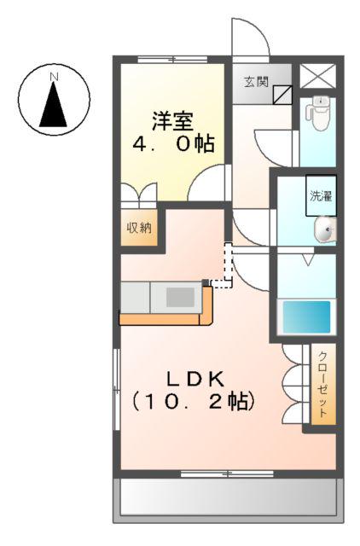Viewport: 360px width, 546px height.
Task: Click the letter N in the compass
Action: pyautogui.click(x=55, y=77)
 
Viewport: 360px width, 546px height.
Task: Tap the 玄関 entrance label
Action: pyautogui.click(x=257, y=82)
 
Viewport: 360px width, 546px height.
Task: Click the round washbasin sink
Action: pyautogui.click(x=324, y=229)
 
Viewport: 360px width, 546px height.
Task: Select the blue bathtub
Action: pyautogui.click(x=307, y=316)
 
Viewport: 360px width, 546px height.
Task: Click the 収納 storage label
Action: pyautogui.click(x=139, y=228)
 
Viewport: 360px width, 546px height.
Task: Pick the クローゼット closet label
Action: pyautogui.click(x=323, y=384)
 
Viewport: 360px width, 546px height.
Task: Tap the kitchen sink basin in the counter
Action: pyautogui.click(x=179, y=298)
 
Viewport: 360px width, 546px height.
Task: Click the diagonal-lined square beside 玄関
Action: pyautogui.click(x=282, y=94)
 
